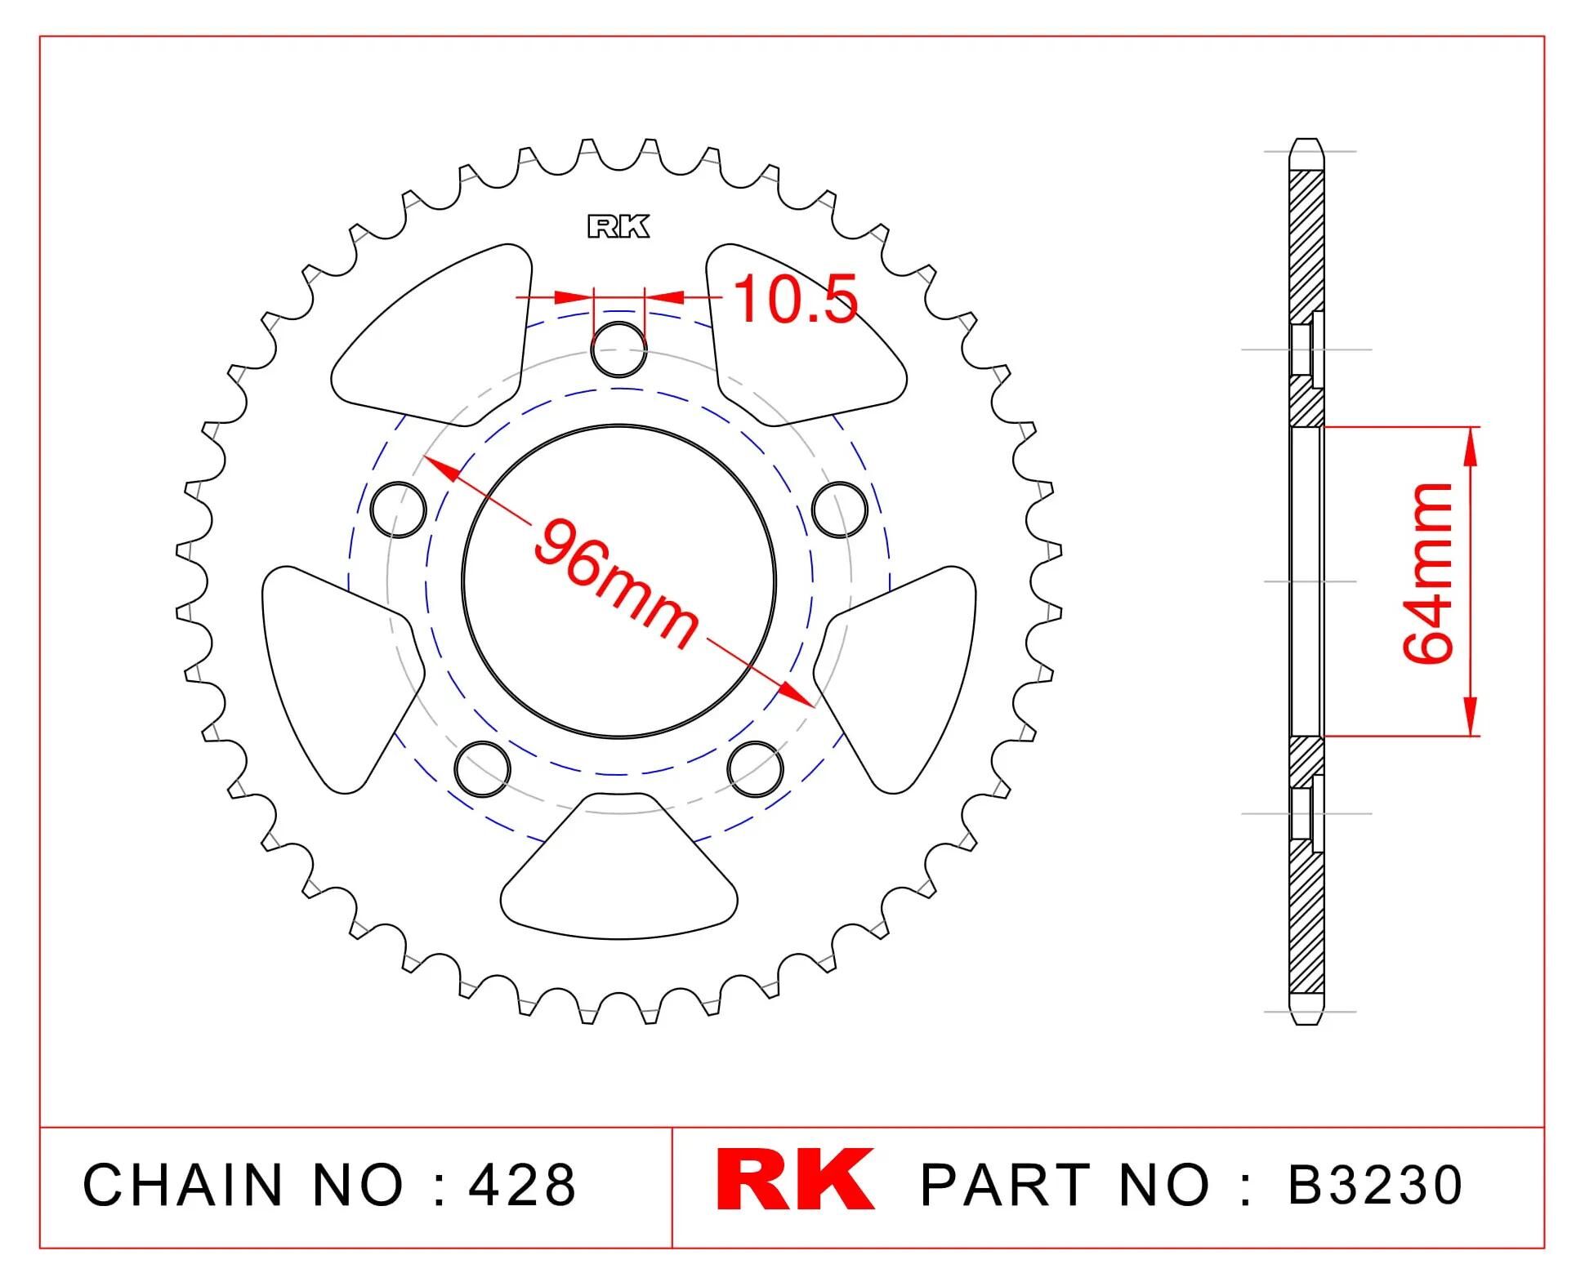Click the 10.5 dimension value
797,299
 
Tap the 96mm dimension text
616,584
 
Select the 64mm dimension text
1427,573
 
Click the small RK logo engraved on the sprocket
618,226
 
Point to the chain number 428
522,1185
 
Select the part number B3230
1375,1185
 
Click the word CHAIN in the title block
182,1185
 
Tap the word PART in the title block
1006,1185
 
